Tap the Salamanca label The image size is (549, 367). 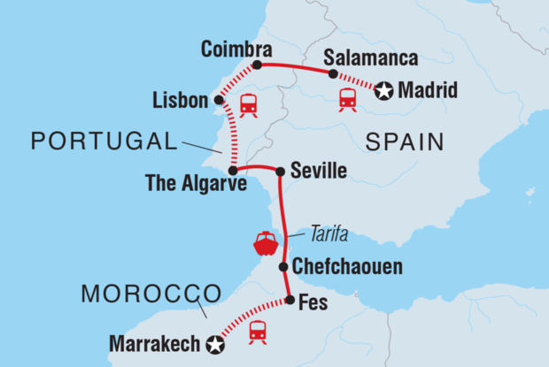[x=362, y=56]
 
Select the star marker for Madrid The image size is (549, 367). [x=383, y=89]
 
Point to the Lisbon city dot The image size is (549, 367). [x=219, y=100]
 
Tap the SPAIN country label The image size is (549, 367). [x=402, y=141]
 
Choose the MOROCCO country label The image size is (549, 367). [x=151, y=292]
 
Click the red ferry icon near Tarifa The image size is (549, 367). [x=265, y=243]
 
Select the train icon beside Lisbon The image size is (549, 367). [x=248, y=104]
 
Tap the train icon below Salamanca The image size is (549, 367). [x=347, y=99]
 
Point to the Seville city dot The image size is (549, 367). [x=280, y=172]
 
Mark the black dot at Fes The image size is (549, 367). [x=290, y=300]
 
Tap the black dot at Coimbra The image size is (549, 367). [x=257, y=65]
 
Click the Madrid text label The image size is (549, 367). [x=429, y=89]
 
